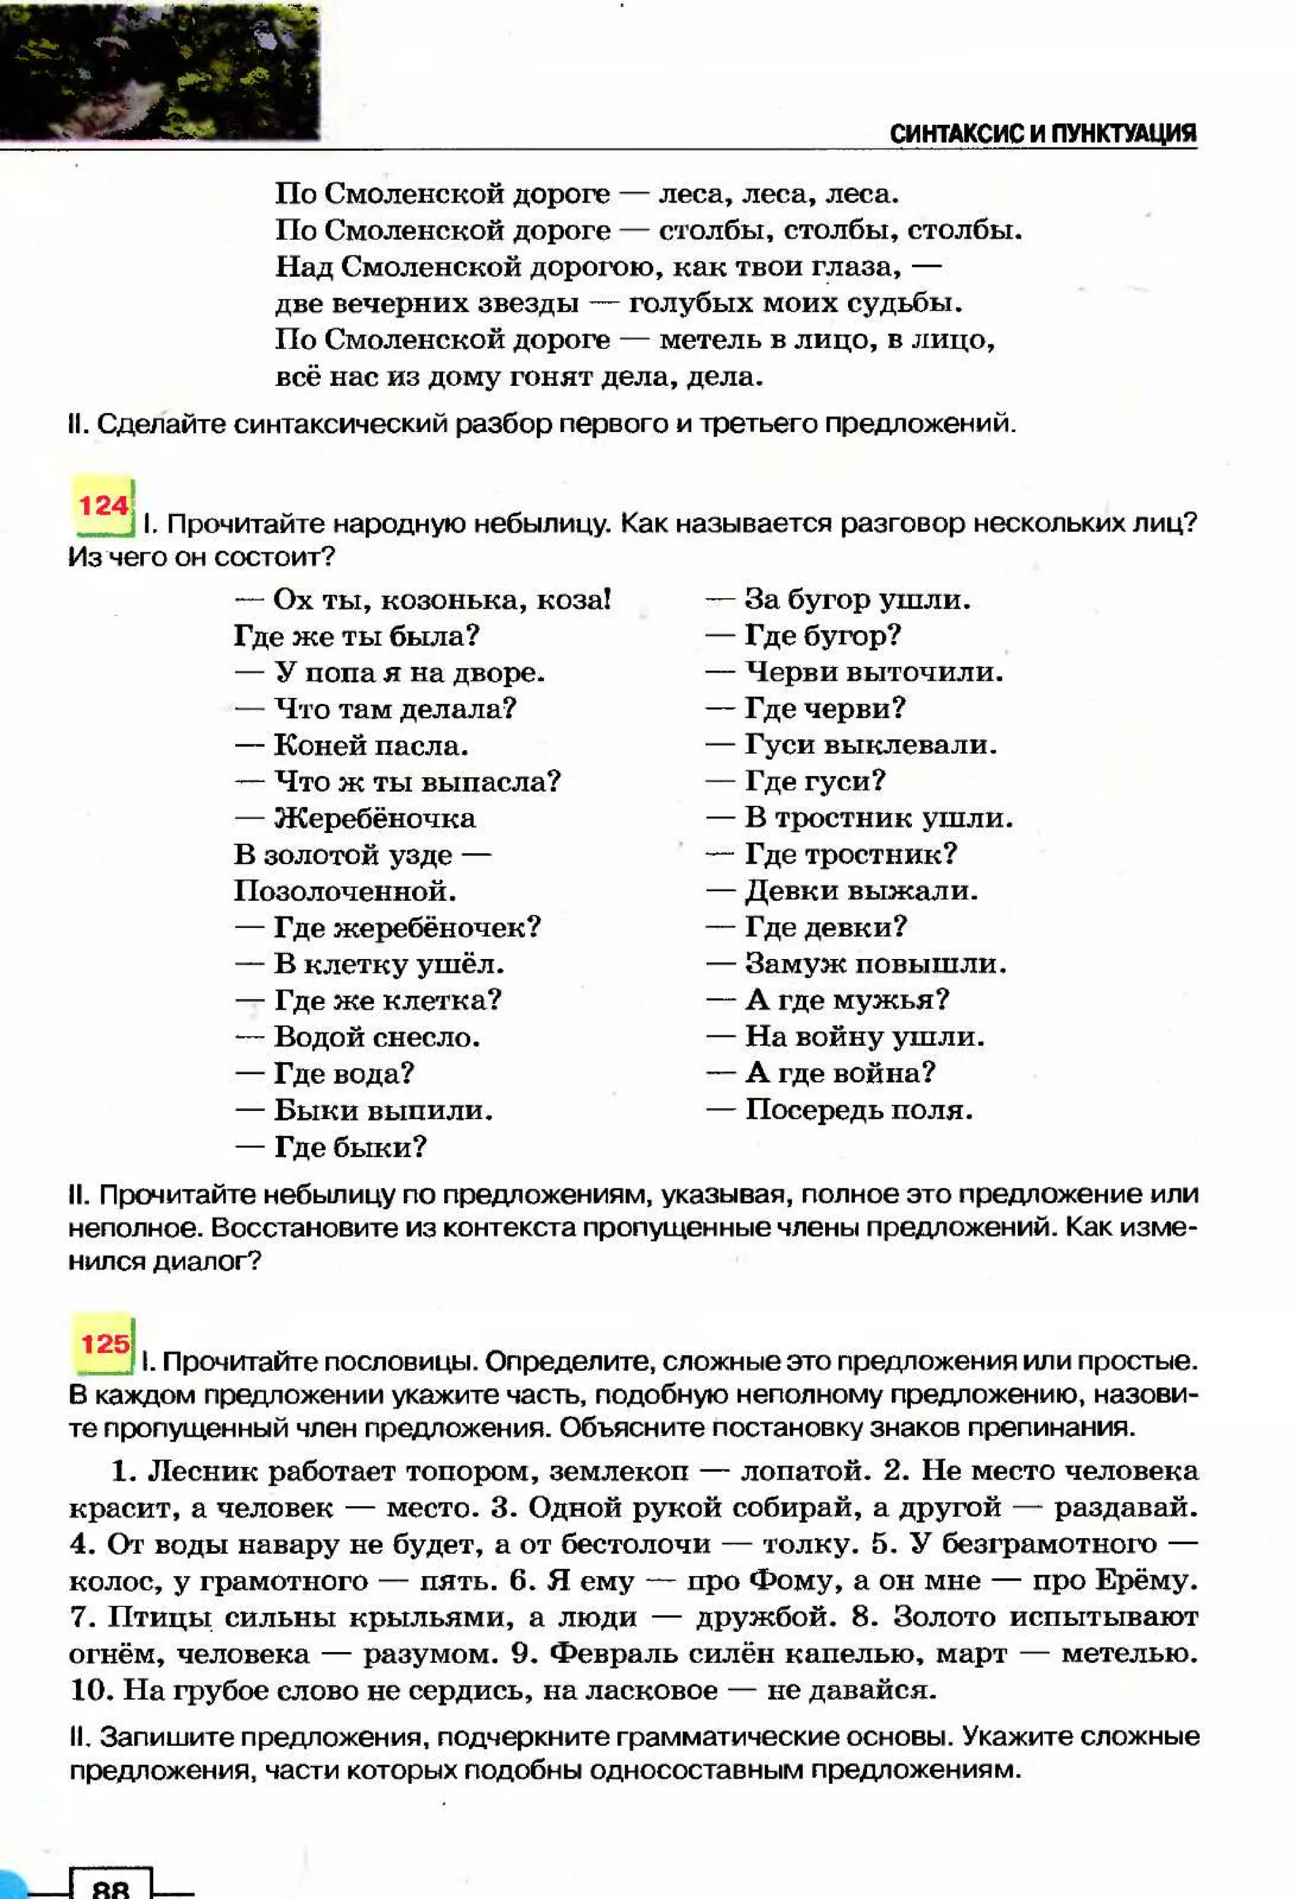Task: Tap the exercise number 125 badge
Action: click(104, 1343)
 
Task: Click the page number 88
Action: click(111, 1888)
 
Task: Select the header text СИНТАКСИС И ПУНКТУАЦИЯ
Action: click(1042, 134)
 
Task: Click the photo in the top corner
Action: click(159, 70)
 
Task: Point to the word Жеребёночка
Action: click(375, 818)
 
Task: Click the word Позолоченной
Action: click(345, 891)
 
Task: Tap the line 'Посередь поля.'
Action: click(858, 1110)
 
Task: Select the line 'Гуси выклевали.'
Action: click(871, 745)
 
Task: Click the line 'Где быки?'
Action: click(350, 1146)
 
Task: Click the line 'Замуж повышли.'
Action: click(875, 964)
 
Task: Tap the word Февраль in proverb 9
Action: click(609, 1653)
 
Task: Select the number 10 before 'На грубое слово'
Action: click(88, 1690)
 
